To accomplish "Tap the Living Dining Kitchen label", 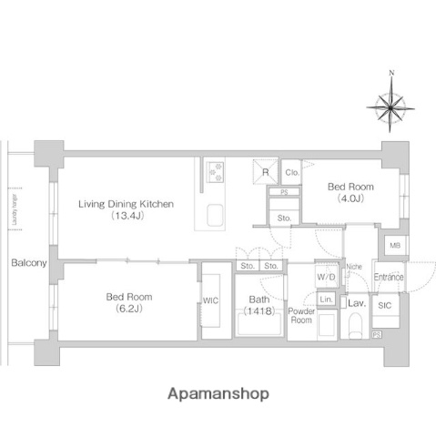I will click(x=125, y=209).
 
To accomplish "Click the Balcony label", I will click(x=29, y=263).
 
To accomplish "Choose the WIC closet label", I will click(x=210, y=300).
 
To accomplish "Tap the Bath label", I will click(x=259, y=300).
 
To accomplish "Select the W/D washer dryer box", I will click(x=326, y=276).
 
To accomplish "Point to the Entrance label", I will click(x=389, y=277).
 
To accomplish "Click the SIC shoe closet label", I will click(x=384, y=307).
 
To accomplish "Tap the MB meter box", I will click(x=394, y=247).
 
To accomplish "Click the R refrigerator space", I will click(x=266, y=172).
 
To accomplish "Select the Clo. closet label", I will click(x=292, y=172).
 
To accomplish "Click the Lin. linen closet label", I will click(x=326, y=300).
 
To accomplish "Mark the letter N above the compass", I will click(x=391, y=72).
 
